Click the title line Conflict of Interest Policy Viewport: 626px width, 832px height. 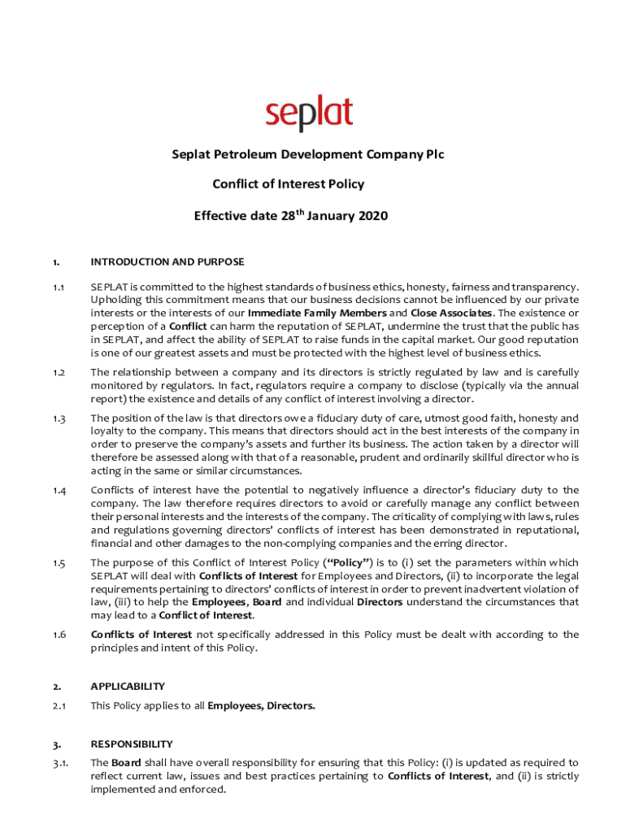288,184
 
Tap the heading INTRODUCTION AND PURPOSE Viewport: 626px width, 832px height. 167,262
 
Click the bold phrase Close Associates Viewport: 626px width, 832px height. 450,313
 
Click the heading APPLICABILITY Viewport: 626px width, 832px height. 128,686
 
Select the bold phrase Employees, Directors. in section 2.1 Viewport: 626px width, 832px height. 261,706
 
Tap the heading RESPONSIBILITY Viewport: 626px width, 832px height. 132,743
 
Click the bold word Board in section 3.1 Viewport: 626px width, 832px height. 126,763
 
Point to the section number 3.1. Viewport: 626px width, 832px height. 59,763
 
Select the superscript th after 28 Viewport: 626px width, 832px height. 298,211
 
